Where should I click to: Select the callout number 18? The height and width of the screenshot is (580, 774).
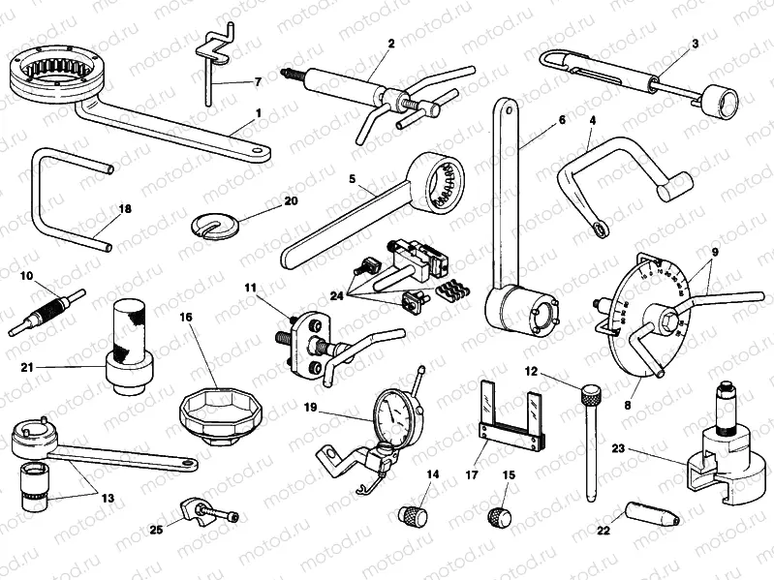pos(125,209)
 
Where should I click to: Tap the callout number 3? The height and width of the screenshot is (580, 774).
pos(695,43)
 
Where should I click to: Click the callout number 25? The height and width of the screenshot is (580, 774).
pos(156,530)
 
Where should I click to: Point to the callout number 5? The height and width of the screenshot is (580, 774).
pos(353,178)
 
